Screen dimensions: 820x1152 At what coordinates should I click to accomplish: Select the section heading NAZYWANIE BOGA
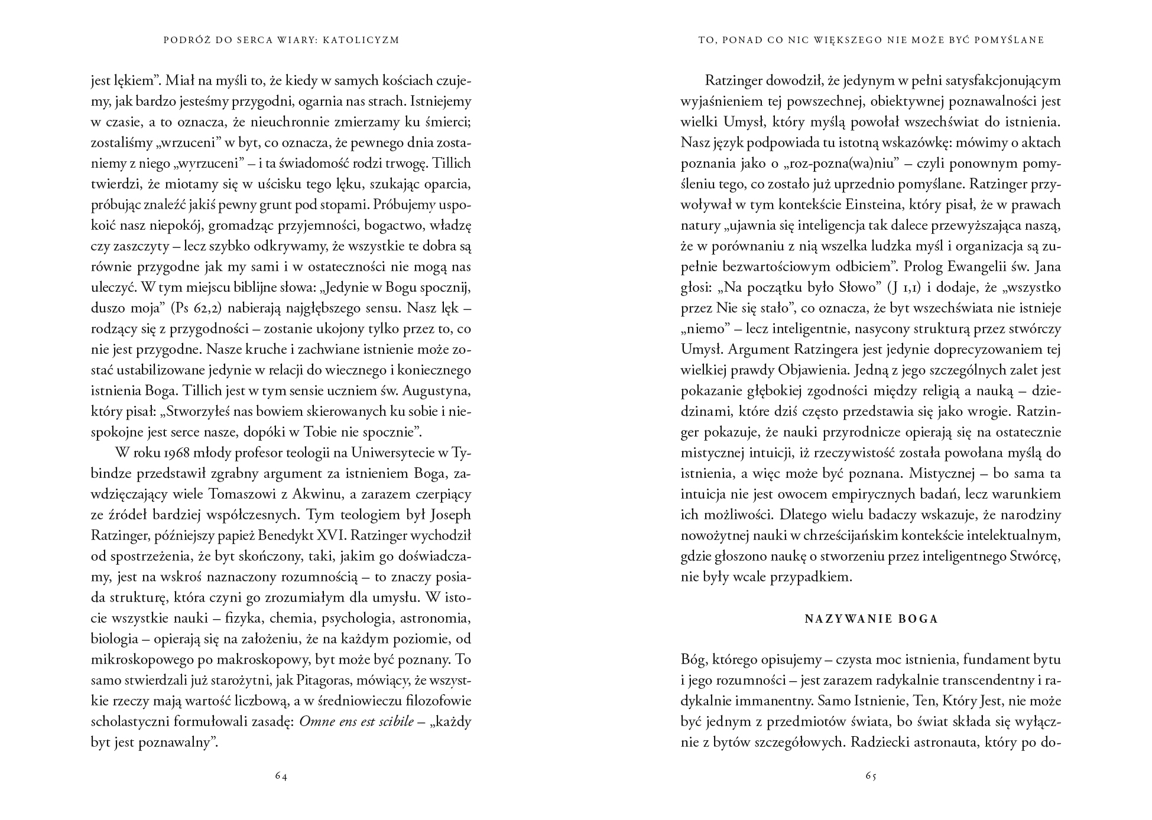(x=871, y=619)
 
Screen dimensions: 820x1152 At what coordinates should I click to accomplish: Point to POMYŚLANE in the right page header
(x=1012, y=40)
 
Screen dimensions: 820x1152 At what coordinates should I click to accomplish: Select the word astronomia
(x=434, y=619)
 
